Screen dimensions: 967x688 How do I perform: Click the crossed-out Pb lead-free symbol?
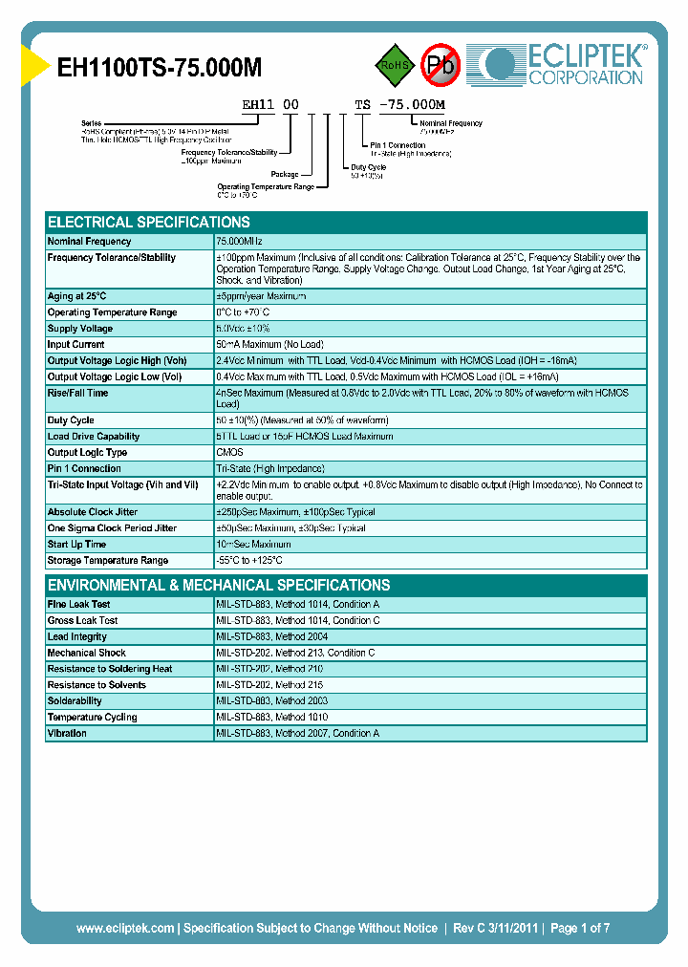[441, 65]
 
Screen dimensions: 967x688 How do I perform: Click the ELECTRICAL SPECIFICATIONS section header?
[149, 222]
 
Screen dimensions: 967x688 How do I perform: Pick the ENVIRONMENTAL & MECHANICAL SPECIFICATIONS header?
[219, 585]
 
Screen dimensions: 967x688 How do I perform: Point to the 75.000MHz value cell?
[239, 242]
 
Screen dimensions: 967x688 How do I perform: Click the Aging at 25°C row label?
[77, 296]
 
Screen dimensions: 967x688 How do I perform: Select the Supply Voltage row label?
[80, 329]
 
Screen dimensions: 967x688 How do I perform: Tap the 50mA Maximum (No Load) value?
[269, 345]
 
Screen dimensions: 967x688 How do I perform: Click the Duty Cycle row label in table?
[71, 420]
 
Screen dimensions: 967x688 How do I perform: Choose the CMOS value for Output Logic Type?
[229, 453]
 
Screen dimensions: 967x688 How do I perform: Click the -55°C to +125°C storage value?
[249, 561]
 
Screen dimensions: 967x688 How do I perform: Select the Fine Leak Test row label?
[78, 605]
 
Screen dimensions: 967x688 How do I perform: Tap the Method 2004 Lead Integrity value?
[273, 637]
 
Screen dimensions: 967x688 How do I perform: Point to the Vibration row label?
[67, 734]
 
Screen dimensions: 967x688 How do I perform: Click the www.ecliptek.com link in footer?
[125, 928]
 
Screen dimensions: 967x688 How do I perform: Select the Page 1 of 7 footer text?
[580, 928]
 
